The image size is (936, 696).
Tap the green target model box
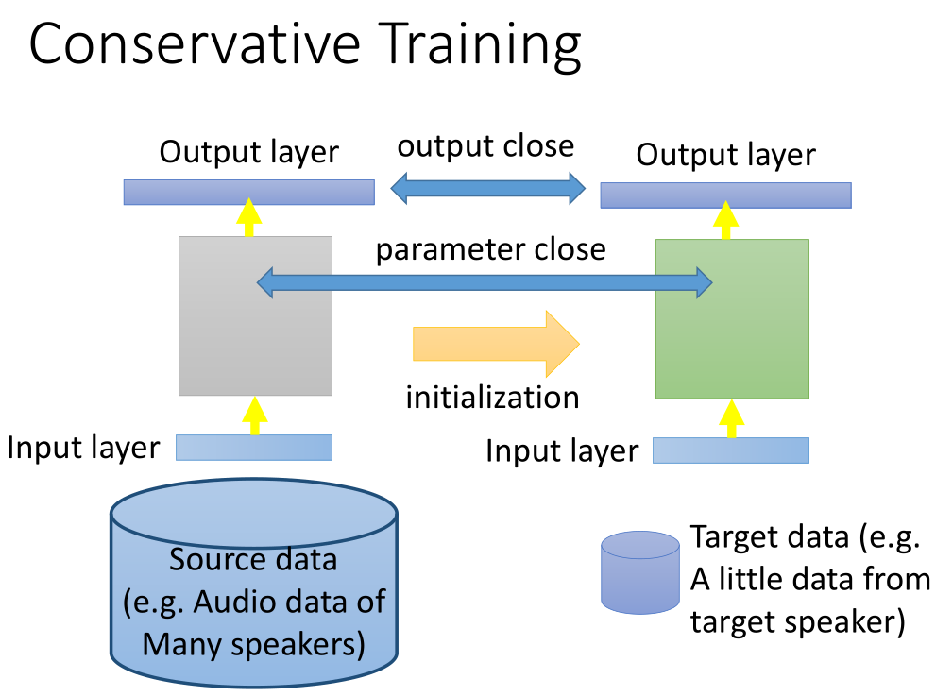point(732,349)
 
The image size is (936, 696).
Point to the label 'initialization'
point(492,397)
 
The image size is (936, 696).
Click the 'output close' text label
point(485,146)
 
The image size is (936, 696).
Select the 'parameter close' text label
point(491,249)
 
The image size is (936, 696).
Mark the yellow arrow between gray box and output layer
point(248,217)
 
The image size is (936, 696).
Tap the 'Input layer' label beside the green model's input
point(562,450)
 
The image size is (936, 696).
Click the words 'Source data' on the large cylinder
point(252,560)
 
